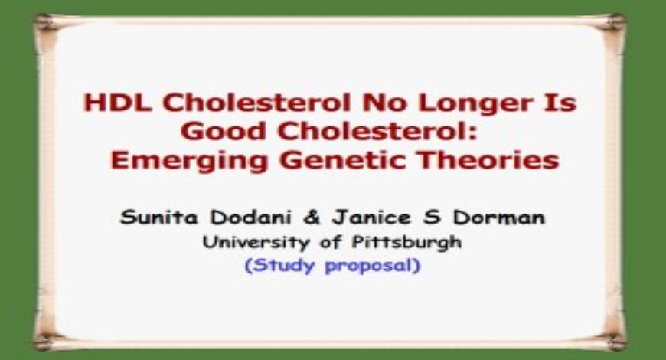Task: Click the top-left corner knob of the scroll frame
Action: click(44, 21)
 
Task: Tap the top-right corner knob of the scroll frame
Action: click(619, 21)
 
